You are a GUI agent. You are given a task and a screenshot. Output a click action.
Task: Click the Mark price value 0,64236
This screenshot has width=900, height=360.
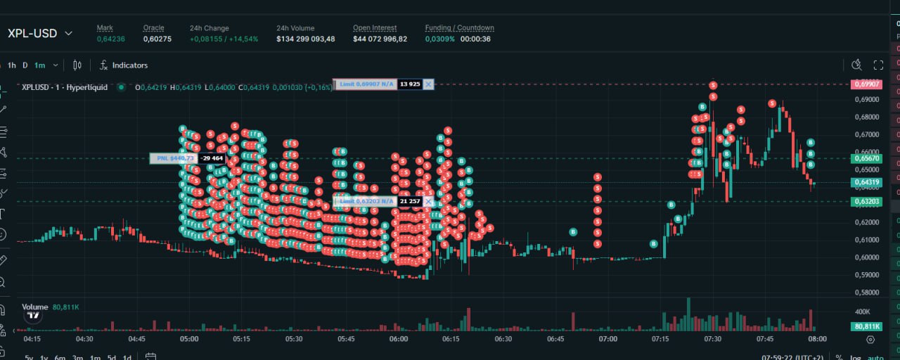click(x=110, y=39)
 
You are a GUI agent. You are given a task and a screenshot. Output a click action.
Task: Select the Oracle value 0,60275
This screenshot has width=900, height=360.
click(x=157, y=39)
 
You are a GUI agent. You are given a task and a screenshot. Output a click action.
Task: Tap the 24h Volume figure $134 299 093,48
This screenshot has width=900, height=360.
click(x=305, y=39)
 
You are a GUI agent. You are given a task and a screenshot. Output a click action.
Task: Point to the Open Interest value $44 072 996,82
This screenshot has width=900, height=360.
click(x=380, y=39)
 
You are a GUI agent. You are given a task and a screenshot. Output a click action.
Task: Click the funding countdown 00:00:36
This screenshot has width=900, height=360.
click(x=475, y=39)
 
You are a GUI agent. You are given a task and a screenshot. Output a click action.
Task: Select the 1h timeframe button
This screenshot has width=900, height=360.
click(x=12, y=65)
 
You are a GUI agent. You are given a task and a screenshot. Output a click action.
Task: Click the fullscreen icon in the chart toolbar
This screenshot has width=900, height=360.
click(x=878, y=65)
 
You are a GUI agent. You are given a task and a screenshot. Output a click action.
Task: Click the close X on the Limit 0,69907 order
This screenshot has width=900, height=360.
click(x=429, y=84)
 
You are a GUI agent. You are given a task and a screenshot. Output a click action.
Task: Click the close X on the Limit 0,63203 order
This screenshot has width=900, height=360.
click(x=429, y=201)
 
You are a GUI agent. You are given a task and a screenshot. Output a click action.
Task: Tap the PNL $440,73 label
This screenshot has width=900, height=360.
click(x=173, y=158)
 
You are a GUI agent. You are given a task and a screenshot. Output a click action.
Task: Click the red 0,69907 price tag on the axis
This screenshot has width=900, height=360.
click(x=866, y=84)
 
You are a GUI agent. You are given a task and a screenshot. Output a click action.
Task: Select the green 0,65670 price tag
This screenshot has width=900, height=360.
click(x=866, y=159)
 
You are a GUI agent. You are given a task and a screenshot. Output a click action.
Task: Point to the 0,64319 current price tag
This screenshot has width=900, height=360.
click(x=866, y=183)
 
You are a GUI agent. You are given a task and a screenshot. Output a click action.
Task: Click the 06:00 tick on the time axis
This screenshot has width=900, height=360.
click(x=399, y=339)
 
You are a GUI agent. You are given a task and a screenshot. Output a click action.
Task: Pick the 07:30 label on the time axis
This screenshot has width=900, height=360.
click(x=712, y=339)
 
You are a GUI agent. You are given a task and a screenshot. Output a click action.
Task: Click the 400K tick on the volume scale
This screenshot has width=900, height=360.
click(x=862, y=311)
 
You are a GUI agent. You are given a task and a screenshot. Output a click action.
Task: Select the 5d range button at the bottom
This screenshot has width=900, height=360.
click(x=111, y=357)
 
